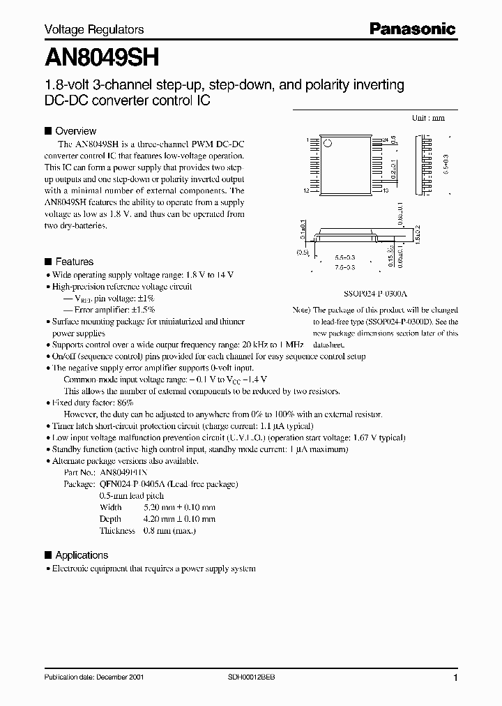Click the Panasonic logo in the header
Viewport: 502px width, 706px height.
[x=412, y=29]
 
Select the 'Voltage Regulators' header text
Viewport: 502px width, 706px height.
[x=94, y=29]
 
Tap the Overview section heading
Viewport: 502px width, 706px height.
[x=75, y=130]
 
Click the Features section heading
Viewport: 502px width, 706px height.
[x=74, y=262]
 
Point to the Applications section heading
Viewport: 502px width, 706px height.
[x=82, y=555]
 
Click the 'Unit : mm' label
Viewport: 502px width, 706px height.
[x=428, y=118]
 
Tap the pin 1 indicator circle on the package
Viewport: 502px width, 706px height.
[x=330, y=144]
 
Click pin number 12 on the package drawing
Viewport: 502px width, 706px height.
[x=306, y=190]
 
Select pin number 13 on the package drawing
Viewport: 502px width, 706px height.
[x=385, y=190]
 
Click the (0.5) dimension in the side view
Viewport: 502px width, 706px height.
[x=301, y=253]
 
